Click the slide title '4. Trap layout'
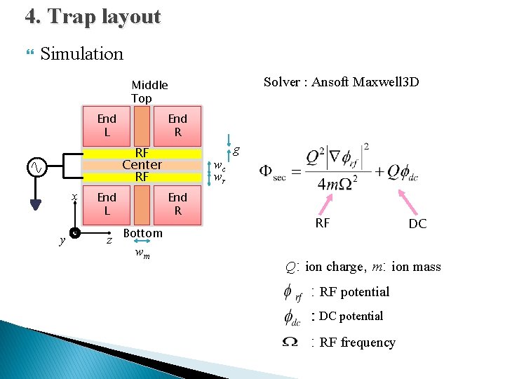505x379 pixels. pyautogui.click(x=93, y=17)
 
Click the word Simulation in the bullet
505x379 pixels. pyautogui.click(x=81, y=53)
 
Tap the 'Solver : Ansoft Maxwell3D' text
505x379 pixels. pyautogui.click(x=341, y=82)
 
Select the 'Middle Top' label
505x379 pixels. pyautogui.click(x=149, y=91)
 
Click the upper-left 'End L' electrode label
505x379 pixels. pyautogui.click(x=107, y=125)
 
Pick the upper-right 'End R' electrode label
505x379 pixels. pyautogui.click(x=177, y=125)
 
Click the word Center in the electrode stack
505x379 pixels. pyautogui.click(x=142, y=165)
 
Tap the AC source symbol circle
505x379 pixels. pyautogui.click(x=36, y=167)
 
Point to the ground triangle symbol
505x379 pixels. pyautogui.click(x=36, y=204)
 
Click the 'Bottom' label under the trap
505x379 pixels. pyautogui.click(x=142, y=233)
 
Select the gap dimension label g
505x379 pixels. pyautogui.click(x=236, y=149)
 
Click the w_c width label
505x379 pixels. pyautogui.click(x=220, y=166)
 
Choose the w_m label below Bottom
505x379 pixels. pyautogui.click(x=142, y=253)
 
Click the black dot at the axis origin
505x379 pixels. pyautogui.click(x=74, y=232)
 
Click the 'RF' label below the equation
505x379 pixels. pyautogui.click(x=322, y=223)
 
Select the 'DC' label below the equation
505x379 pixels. pyautogui.click(x=417, y=224)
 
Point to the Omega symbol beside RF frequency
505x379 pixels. pyautogui.click(x=289, y=342)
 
